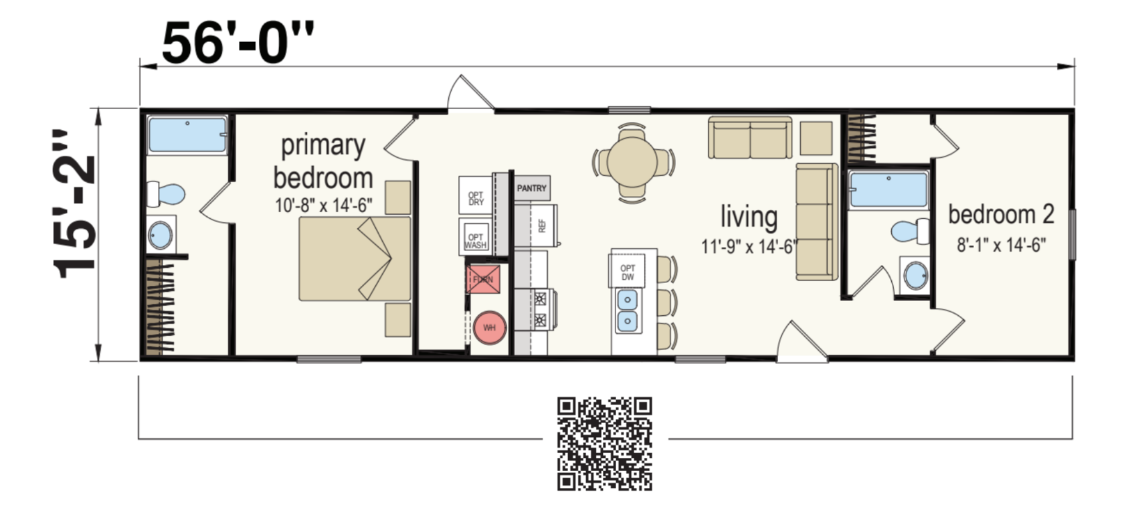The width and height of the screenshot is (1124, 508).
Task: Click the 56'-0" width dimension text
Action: point(237,43)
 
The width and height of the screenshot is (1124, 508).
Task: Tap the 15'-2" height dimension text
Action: point(75,203)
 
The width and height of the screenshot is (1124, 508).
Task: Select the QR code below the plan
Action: point(604,443)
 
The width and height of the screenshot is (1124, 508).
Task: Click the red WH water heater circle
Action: point(489,328)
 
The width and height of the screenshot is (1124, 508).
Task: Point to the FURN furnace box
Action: point(483,279)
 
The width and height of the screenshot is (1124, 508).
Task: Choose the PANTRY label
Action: point(531,188)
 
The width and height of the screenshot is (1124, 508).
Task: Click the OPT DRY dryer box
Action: point(476,195)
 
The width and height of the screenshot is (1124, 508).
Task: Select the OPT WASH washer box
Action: point(475,237)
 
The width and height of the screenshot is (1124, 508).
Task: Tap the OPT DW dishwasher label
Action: point(627,272)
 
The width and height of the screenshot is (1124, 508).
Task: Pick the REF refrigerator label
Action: point(541,226)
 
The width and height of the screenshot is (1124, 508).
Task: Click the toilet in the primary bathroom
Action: point(165,194)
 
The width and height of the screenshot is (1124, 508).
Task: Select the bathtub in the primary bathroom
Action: point(187,136)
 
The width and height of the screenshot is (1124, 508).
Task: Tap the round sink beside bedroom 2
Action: point(915,275)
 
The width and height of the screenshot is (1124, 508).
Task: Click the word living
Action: point(749,217)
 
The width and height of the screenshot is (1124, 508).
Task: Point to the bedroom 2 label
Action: point(1001,215)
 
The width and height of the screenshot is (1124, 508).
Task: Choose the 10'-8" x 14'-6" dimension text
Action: point(323,205)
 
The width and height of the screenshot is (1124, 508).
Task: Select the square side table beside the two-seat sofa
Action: point(816,139)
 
